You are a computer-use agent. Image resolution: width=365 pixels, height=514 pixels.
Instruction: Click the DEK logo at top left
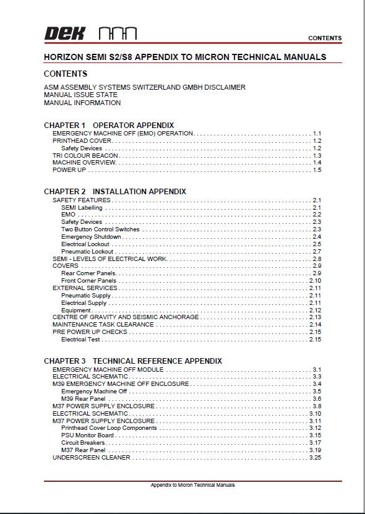(64, 33)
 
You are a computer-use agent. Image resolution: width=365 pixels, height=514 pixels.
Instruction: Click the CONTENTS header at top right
(324, 38)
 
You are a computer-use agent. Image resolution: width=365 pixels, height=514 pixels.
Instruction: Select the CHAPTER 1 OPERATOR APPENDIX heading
(109, 126)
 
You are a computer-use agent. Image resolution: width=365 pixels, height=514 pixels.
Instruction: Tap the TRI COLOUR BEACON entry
(77, 155)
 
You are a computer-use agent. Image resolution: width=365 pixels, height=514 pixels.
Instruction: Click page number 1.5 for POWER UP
(317, 170)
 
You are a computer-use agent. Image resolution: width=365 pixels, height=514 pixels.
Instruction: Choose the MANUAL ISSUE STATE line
(80, 95)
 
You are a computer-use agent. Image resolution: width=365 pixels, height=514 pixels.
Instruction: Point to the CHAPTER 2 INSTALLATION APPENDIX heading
(115, 192)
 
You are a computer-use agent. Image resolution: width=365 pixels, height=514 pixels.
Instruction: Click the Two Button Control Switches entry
(100, 229)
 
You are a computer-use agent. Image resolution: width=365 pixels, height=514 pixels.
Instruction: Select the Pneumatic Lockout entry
(87, 252)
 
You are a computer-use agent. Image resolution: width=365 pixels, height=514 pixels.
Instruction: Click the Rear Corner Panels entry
(88, 273)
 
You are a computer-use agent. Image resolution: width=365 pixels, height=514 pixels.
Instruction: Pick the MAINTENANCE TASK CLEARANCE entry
(103, 325)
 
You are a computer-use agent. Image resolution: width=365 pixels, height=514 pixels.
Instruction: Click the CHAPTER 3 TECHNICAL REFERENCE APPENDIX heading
(133, 361)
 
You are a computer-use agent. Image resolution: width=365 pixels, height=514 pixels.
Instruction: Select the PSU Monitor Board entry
(87, 435)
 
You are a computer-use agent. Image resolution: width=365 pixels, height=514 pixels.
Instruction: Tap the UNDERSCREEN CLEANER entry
(92, 458)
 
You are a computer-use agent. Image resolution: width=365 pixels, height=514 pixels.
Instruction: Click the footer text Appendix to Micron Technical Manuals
(193, 485)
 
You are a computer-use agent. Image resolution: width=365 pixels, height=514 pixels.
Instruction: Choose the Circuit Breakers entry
(83, 443)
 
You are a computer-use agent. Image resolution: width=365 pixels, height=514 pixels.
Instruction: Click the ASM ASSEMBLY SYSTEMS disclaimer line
(145, 87)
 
